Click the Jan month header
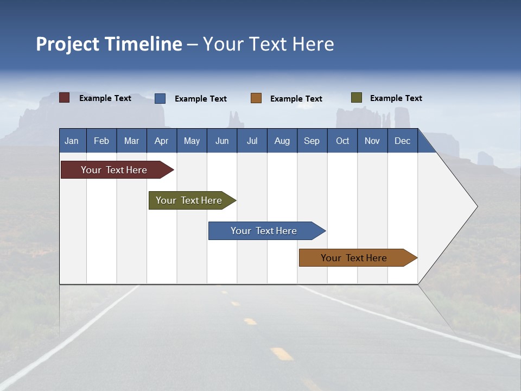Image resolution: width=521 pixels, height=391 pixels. click(72, 141)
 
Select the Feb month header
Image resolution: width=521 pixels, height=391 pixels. click(101, 141)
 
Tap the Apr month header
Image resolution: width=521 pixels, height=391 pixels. click(161, 141)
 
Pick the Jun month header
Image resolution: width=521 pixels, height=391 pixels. click(222, 141)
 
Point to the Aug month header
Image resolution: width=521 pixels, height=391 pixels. click(282, 141)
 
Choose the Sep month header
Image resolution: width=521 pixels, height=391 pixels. click(312, 141)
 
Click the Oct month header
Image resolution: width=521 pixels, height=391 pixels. click(342, 141)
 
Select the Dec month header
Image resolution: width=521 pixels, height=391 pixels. click(402, 141)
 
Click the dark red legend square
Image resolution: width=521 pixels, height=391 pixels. click(65, 98)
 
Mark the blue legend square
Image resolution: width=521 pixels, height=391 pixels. click(160, 98)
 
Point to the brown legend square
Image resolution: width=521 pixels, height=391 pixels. click(256, 98)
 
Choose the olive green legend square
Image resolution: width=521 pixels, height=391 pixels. click(357, 98)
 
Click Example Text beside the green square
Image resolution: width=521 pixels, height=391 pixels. click(396, 98)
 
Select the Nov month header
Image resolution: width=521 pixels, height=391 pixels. click(372, 141)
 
